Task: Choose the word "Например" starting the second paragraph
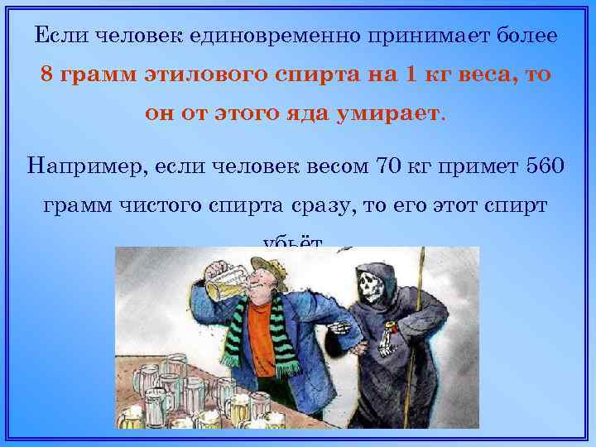tap(80, 164)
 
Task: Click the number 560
tap(546, 164)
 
